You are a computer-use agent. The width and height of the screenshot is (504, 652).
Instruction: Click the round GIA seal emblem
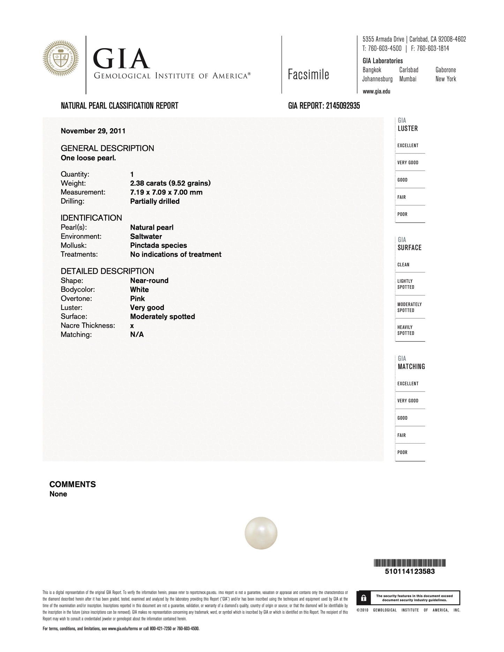click(x=61, y=59)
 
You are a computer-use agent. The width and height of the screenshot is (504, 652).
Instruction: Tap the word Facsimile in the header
click(x=308, y=75)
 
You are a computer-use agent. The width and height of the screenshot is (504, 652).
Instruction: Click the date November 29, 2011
click(x=93, y=131)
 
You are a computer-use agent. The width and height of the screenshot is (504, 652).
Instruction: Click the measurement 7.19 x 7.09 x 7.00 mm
click(x=166, y=192)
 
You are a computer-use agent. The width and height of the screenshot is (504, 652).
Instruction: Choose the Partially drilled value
click(x=155, y=202)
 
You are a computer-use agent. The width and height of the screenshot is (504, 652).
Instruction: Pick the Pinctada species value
click(x=158, y=245)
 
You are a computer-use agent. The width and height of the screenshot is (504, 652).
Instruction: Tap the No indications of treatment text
click(x=175, y=255)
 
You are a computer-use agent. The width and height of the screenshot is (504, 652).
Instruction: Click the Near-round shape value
click(x=149, y=281)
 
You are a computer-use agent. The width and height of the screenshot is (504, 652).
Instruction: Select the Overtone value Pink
click(x=137, y=299)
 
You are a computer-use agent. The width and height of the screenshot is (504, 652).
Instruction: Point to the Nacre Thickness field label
click(x=88, y=326)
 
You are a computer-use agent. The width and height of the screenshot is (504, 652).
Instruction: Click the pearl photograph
click(x=261, y=533)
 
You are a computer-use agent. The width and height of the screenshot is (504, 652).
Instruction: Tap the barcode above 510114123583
click(x=410, y=563)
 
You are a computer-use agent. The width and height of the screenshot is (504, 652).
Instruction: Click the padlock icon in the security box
click(x=364, y=598)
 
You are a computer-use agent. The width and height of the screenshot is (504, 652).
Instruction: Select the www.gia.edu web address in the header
click(x=376, y=92)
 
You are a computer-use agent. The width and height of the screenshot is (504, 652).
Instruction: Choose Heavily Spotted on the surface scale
click(x=406, y=330)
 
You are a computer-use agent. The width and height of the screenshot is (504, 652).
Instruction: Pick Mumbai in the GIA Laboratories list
click(x=408, y=79)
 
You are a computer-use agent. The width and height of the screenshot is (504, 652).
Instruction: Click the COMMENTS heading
click(x=73, y=484)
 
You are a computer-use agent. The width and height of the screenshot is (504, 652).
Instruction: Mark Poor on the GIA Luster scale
click(x=402, y=214)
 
